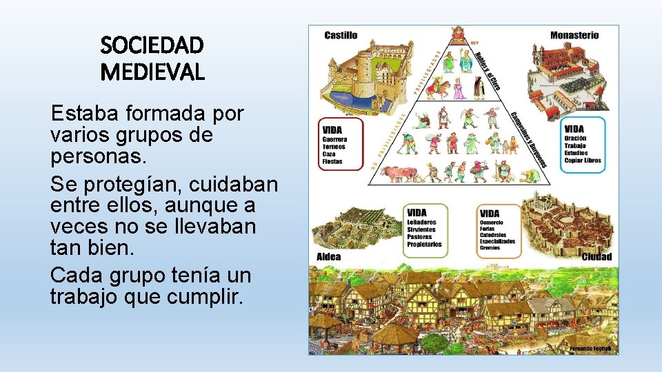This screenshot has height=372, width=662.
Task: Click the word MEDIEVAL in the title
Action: tap(152, 72)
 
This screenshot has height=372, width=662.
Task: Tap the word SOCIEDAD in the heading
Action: tap(152, 45)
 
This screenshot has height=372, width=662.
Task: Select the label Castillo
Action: tap(341, 35)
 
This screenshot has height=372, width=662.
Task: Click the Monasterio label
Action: tap(574, 35)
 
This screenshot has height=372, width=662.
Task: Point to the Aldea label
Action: tap(328, 257)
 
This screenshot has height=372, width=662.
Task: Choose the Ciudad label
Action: tap(596, 257)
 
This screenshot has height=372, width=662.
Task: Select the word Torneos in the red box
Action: tap(334, 147)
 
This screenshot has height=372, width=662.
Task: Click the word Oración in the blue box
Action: tap(575, 138)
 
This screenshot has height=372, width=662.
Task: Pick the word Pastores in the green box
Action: tap(420, 237)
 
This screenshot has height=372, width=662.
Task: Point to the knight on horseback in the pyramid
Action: tap(439, 89)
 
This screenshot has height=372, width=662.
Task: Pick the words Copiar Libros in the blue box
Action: tap(583, 161)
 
